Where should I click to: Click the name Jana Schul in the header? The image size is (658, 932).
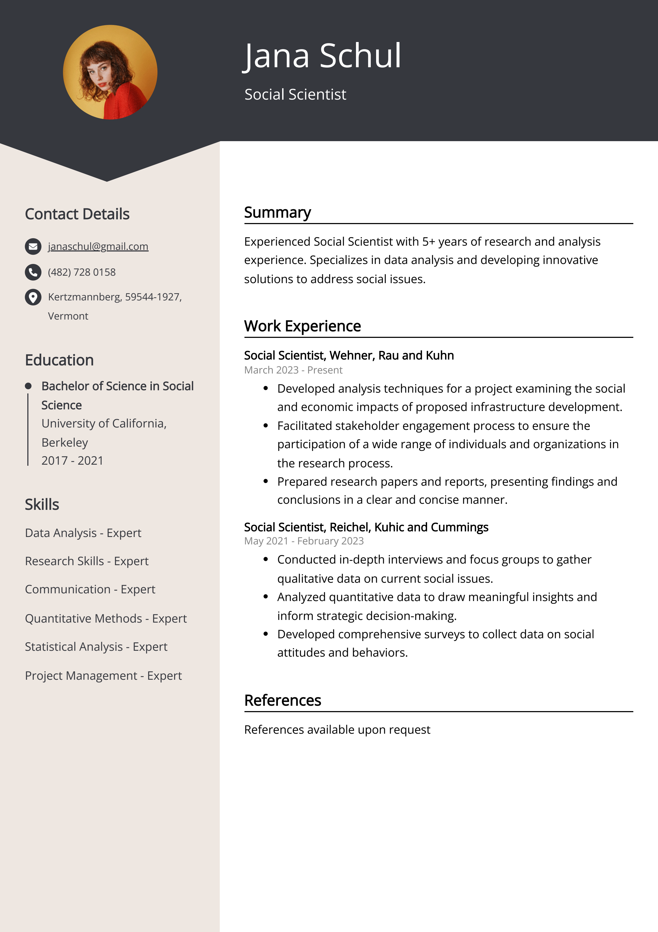(322, 56)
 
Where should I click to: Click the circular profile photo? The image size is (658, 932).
(110, 72)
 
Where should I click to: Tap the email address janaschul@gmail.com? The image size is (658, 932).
(98, 246)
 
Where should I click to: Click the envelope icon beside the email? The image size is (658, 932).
(33, 246)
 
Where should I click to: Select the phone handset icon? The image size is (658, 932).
(33, 272)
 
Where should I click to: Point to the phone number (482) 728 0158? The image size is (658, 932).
(81, 272)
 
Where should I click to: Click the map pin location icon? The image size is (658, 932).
(33, 297)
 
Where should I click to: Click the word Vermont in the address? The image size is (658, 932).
(68, 316)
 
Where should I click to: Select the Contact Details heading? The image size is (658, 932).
(77, 214)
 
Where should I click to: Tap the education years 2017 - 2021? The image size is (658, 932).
(72, 460)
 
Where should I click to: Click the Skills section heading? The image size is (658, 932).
(42, 504)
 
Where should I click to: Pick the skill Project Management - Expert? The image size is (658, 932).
(103, 675)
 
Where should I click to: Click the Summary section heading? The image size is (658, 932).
(277, 212)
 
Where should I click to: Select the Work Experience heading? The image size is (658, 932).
(302, 326)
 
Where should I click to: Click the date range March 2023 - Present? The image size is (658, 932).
(293, 370)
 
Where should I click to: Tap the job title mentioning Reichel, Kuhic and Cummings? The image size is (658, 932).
(366, 527)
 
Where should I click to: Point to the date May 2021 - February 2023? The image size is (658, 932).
(304, 541)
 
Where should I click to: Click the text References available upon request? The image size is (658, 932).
(337, 729)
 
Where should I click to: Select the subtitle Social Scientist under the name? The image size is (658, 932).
(295, 94)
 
